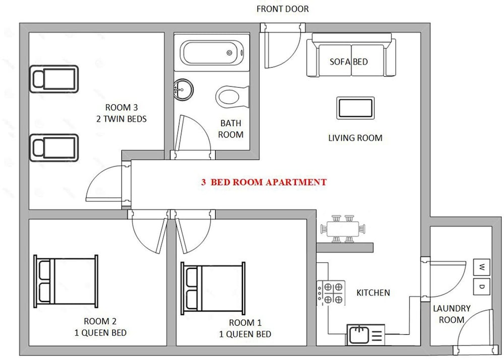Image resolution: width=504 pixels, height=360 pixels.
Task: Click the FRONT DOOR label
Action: (x=283, y=9)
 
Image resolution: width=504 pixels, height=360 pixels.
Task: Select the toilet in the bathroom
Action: (x=232, y=97)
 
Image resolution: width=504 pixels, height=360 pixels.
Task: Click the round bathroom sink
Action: (x=183, y=90)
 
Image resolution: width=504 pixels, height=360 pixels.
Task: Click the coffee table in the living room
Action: (x=355, y=108)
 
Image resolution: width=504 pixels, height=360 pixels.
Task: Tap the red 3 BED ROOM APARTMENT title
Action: (x=264, y=182)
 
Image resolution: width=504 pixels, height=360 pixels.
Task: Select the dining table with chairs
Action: (x=343, y=228)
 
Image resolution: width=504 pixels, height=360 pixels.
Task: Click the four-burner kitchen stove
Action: (x=331, y=293)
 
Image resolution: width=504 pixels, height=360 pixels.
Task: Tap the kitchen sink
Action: (x=365, y=335)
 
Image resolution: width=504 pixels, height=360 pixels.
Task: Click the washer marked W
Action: (x=481, y=267)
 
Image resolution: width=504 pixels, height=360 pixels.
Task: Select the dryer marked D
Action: (x=481, y=286)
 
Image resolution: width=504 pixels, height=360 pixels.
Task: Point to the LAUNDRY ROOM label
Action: (x=452, y=314)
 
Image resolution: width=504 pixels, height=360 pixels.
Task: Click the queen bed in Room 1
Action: (x=213, y=288)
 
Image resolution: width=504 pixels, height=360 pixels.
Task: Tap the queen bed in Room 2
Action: (x=66, y=281)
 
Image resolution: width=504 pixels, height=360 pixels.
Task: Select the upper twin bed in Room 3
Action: (x=54, y=79)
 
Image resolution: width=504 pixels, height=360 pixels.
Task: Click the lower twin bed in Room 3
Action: (x=54, y=148)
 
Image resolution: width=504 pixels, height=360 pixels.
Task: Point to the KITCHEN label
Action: (x=373, y=293)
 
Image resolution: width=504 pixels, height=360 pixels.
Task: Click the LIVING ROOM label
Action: (x=355, y=138)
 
